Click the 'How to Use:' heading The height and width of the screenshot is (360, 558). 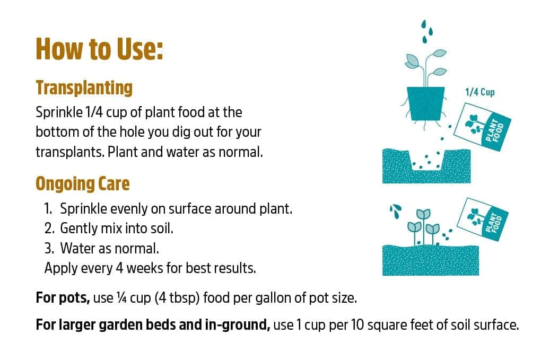pyautogui.click(x=100, y=49)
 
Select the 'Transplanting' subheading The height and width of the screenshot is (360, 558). pyautogui.click(x=84, y=87)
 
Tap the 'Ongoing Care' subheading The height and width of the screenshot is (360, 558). pyautogui.click(x=83, y=184)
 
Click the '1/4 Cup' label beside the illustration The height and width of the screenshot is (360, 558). pyautogui.click(x=479, y=92)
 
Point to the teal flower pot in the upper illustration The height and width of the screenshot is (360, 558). pyautogui.click(x=425, y=103)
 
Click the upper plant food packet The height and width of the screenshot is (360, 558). pyautogui.click(x=482, y=127)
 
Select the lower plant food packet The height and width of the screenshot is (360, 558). pyautogui.click(x=482, y=219)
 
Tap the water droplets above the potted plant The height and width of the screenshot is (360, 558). pyautogui.click(x=427, y=31)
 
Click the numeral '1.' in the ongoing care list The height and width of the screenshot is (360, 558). pyautogui.click(x=48, y=208)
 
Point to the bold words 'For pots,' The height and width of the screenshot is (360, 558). pyautogui.click(x=63, y=298)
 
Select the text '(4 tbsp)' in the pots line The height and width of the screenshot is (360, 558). pyautogui.click(x=177, y=298)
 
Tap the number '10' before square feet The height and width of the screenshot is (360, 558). pyautogui.click(x=358, y=325)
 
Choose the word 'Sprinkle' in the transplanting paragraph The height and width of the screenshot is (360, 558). pyautogui.click(x=59, y=113)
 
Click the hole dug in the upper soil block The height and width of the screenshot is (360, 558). pyautogui.click(x=426, y=161)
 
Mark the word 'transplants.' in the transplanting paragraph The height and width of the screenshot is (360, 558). pyautogui.click(x=70, y=152)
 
